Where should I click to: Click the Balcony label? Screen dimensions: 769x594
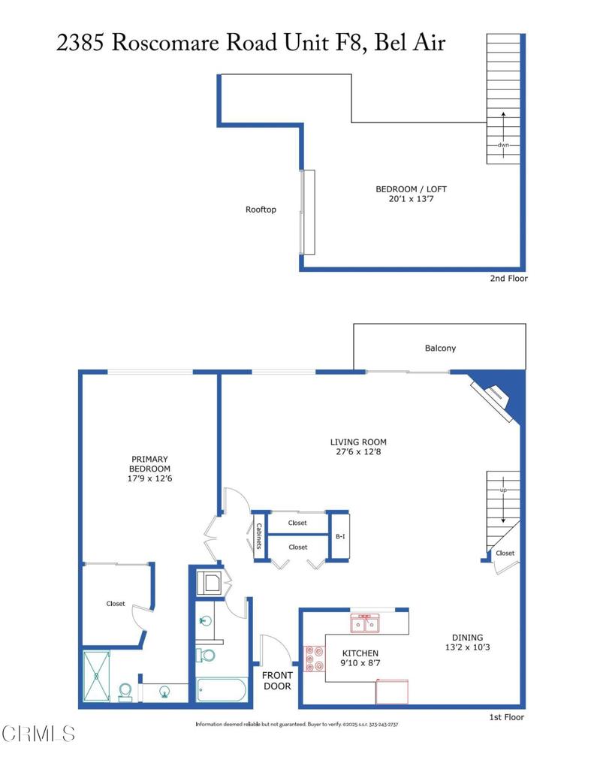tap(440, 348)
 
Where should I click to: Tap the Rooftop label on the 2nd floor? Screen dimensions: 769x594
tap(261, 210)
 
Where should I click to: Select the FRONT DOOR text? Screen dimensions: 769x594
tap(277, 680)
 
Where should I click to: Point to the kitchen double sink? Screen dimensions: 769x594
tap(366, 623)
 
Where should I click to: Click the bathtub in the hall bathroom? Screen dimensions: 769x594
tap(222, 689)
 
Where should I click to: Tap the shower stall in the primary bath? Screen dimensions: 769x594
tap(96, 676)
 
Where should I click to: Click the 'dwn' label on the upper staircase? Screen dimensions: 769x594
tap(503, 145)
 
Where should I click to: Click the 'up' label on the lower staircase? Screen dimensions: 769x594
tap(503, 490)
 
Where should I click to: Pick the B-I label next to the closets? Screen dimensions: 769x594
tap(339, 537)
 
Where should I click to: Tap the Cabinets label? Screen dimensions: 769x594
tap(259, 535)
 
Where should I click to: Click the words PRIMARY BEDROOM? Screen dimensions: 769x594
tap(149, 463)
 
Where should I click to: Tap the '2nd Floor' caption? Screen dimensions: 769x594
tap(508, 279)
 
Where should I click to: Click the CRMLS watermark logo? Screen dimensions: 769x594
tap(38, 733)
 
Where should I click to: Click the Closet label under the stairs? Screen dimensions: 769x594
tap(505, 553)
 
